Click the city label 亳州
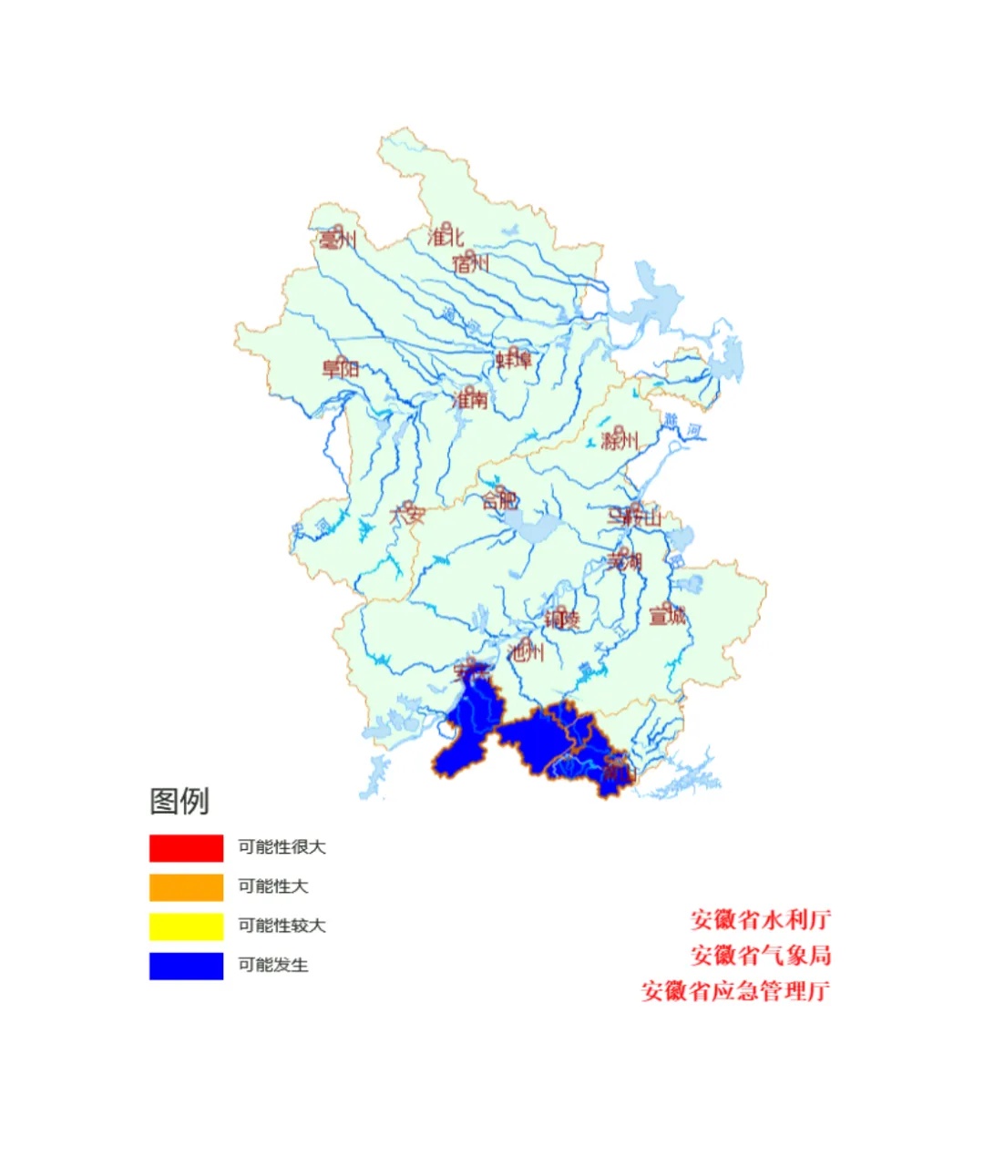pyautogui.click(x=337, y=241)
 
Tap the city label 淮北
pyautogui.click(x=446, y=237)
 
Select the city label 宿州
pyautogui.click(x=471, y=264)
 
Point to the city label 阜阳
pyautogui.click(x=341, y=369)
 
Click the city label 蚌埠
pyautogui.click(x=514, y=360)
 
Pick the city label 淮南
pyautogui.click(x=470, y=400)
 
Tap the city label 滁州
pyautogui.click(x=620, y=441)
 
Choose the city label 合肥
pyautogui.click(x=500, y=500)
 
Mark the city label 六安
pyautogui.click(x=407, y=515)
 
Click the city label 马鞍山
pyautogui.click(x=635, y=517)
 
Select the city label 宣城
pyautogui.click(x=667, y=616)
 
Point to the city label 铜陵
pyautogui.click(x=562, y=619)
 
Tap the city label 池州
pyautogui.click(x=526, y=651)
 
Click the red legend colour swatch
pyautogui.click(x=186, y=848)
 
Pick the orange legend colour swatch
pyautogui.click(x=186, y=887)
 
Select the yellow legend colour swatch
pyautogui.click(x=186, y=926)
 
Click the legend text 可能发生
pyautogui.click(x=273, y=966)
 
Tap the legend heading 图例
pyautogui.click(x=179, y=802)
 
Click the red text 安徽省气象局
pyautogui.click(x=761, y=956)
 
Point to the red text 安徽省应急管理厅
pyautogui.click(x=736, y=991)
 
